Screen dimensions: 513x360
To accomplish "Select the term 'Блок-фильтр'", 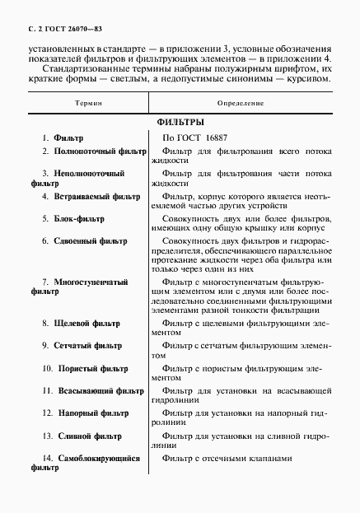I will coord(78,218).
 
